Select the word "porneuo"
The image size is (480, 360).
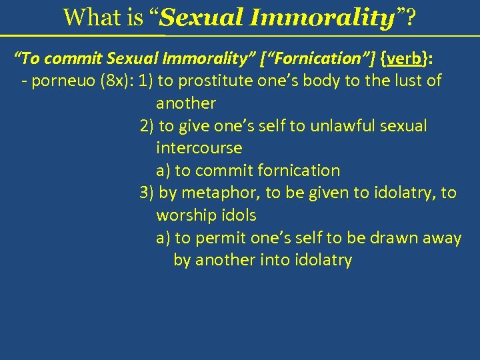coord(59,81)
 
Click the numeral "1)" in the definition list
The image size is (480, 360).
coord(147,81)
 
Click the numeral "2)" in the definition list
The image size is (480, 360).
coord(147,126)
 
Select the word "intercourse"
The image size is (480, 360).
coord(199,148)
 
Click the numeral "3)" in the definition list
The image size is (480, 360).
coord(147,193)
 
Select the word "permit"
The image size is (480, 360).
coord(221,238)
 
